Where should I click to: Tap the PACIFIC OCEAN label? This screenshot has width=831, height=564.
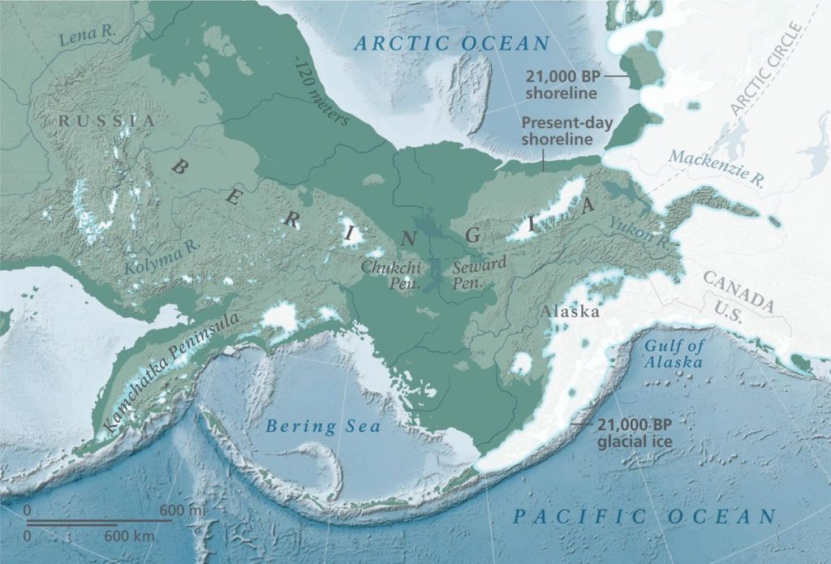click(645, 516)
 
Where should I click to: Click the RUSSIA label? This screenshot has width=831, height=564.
click(105, 121)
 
